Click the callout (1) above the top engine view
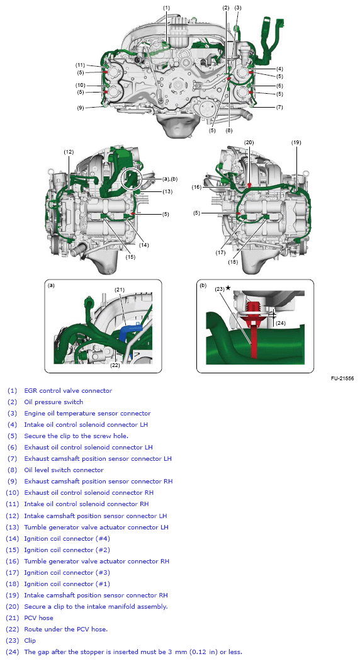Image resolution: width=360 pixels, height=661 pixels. point(166,8)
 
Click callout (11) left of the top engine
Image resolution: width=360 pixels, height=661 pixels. point(80,65)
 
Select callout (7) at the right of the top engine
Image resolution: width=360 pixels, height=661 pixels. point(279,108)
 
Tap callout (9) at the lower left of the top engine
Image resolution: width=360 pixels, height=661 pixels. point(81,108)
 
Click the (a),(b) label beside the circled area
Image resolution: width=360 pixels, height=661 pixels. point(170,179)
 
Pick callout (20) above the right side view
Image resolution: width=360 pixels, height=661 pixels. point(249,142)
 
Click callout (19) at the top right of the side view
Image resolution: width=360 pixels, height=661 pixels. point(296,142)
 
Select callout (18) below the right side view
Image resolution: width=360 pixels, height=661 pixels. point(233,262)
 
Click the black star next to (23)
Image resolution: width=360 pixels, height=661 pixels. point(228,288)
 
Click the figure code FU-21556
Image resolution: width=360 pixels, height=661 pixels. point(342,378)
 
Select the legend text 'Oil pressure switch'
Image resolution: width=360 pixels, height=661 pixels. point(53,402)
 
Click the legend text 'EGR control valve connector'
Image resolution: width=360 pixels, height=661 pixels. point(68,390)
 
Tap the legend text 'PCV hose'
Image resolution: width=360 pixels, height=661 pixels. point(39,618)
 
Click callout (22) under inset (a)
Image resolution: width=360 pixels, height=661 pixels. point(115,366)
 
